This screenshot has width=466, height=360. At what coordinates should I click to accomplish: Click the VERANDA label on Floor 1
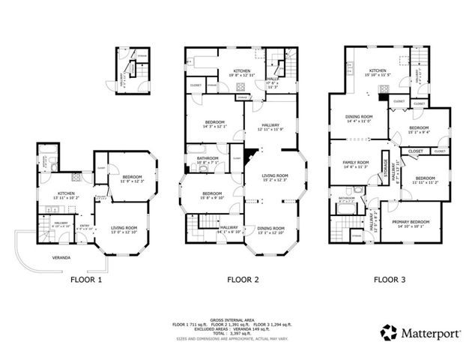[51, 257]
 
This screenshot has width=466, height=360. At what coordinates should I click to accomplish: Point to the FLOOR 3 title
[389, 280]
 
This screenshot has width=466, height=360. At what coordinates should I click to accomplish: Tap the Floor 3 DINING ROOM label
[358, 117]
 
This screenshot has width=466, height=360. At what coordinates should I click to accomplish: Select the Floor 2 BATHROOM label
[208, 157]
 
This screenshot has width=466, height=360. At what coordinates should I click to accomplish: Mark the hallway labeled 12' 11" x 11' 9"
[270, 127]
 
